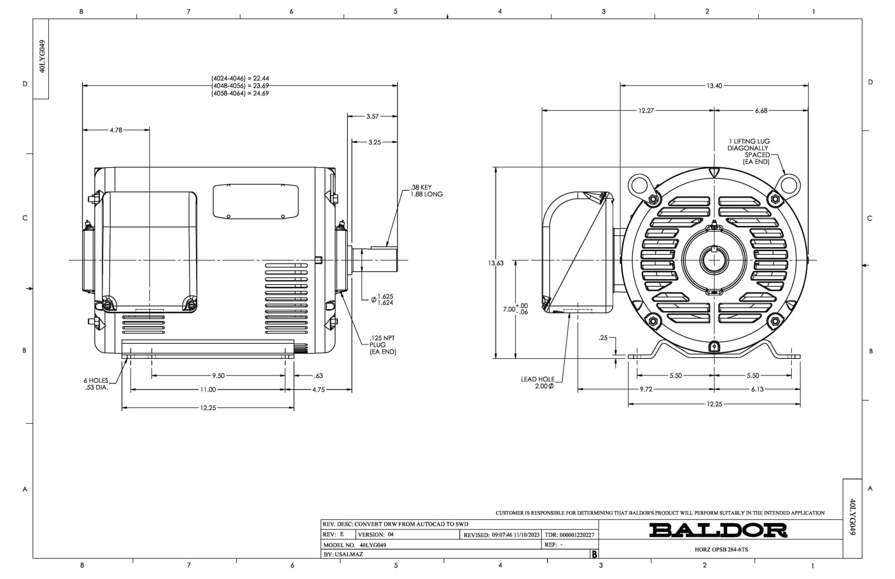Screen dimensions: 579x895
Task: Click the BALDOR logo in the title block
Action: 718,530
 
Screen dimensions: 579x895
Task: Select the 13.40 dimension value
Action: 714,86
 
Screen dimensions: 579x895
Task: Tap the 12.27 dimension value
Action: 646,111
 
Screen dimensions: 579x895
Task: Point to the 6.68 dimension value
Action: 761,111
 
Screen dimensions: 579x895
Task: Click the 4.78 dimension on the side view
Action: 116,130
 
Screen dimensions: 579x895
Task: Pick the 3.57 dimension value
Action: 372,116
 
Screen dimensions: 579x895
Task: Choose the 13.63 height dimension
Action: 496,263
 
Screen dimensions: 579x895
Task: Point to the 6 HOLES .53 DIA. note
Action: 96,384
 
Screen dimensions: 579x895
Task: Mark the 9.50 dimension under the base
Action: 218,375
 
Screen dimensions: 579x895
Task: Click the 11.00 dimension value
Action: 208,389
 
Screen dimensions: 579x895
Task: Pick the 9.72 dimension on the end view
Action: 646,389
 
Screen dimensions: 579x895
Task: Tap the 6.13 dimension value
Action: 757,389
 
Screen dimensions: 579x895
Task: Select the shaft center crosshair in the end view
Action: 714,260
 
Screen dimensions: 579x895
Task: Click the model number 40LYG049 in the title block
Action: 373,545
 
